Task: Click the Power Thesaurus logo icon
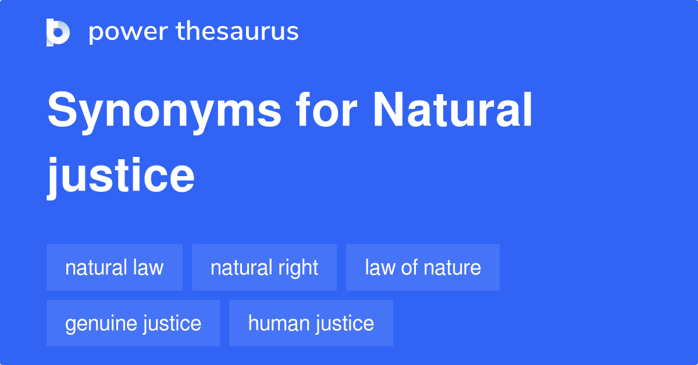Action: (x=58, y=32)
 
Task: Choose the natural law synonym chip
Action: (x=115, y=267)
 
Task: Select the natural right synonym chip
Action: (x=264, y=267)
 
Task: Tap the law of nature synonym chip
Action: (x=423, y=267)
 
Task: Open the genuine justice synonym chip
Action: (x=133, y=323)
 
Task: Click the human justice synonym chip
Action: (x=311, y=323)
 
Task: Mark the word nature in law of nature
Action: (x=452, y=267)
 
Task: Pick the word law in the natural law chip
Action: (x=148, y=267)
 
